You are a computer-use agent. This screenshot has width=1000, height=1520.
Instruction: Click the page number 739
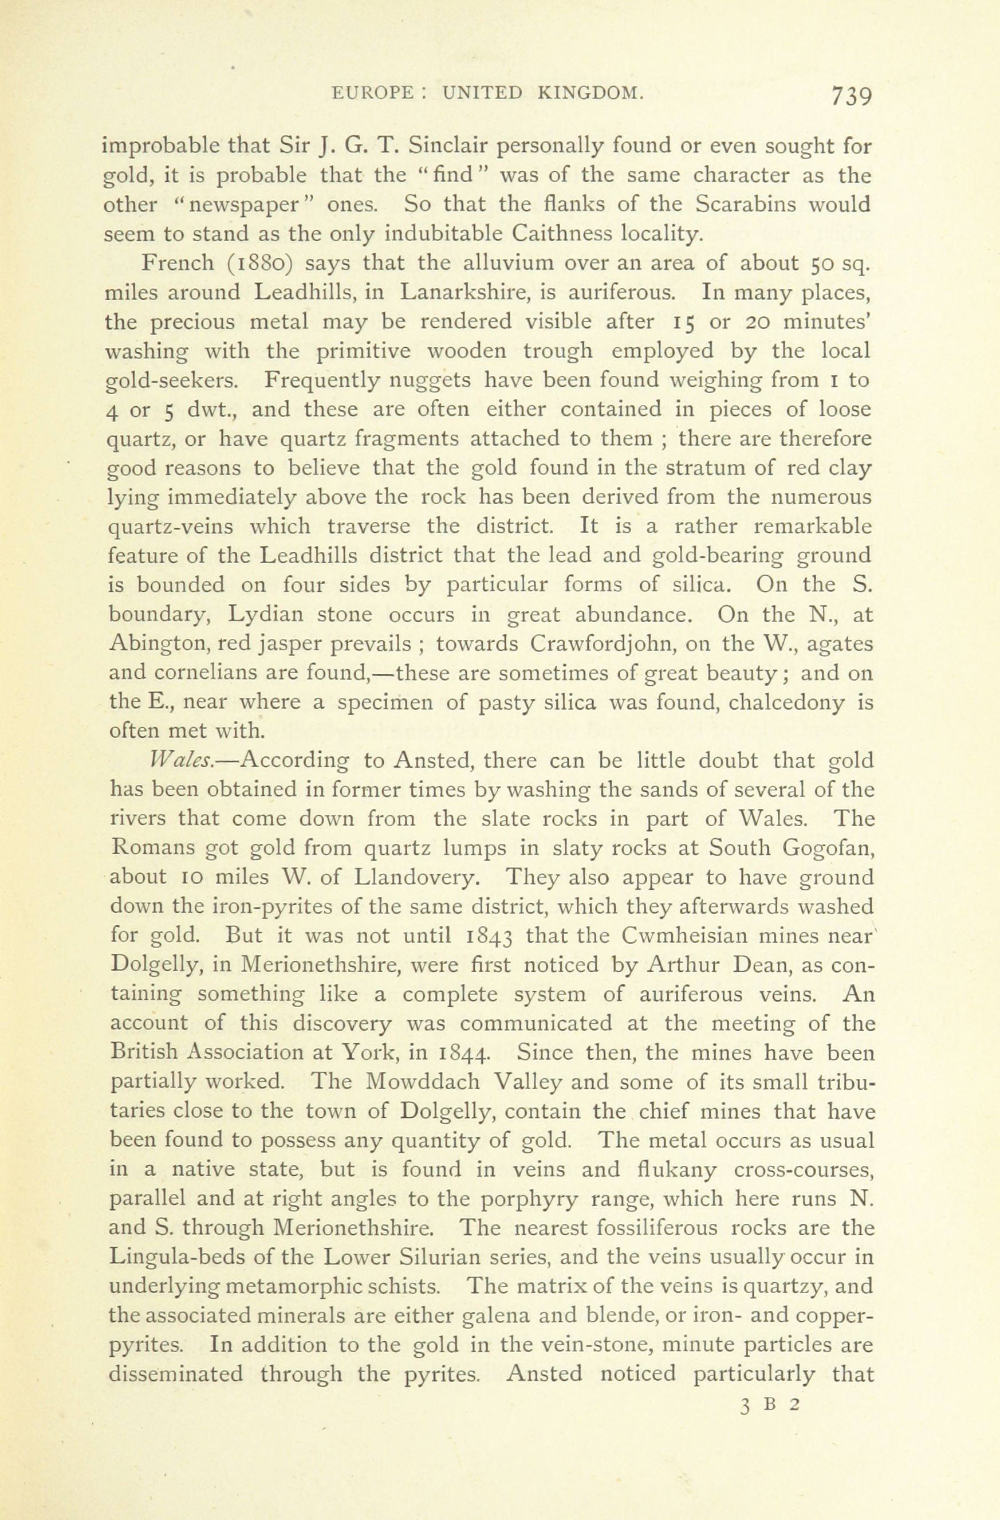click(851, 96)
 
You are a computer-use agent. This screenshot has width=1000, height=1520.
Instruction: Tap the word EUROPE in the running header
click(373, 93)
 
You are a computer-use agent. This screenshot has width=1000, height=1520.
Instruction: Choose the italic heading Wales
click(178, 761)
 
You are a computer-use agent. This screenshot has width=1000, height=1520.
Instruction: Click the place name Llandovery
click(414, 878)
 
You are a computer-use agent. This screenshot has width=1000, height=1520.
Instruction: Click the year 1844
click(464, 1053)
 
